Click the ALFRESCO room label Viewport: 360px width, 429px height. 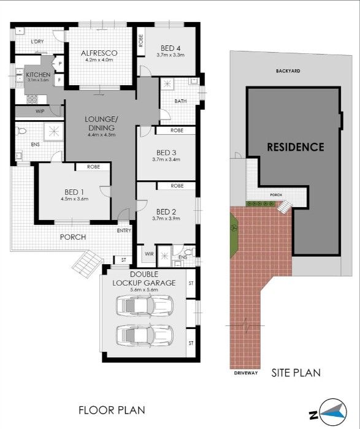tap(99, 53)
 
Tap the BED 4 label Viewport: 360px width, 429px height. tap(170, 48)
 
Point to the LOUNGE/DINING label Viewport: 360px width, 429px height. tap(101, 123)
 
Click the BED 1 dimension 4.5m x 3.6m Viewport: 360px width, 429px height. tap(75, 199)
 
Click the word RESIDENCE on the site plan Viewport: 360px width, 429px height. tap(295, 147)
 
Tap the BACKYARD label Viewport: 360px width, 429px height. tap(288, 71)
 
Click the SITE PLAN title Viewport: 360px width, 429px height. tap(296, 372)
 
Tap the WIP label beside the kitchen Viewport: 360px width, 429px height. tap(40, 111)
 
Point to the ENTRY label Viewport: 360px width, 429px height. tap(124, 231)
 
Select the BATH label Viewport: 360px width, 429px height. tap(180, 101)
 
